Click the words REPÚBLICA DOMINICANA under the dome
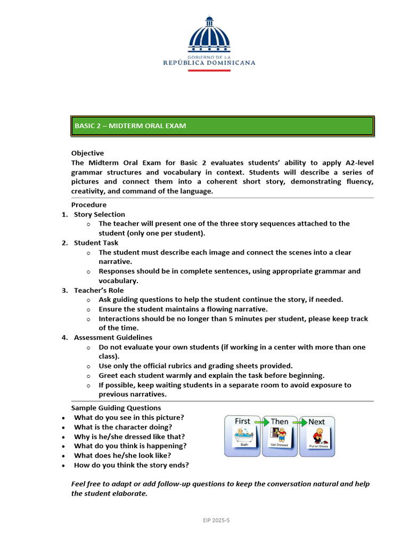point(209,62)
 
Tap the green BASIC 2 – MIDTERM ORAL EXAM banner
point(223,126)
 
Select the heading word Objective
point(87,153)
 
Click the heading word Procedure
point(89,205)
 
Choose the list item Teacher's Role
point(99,291)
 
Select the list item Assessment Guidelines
point(113,337)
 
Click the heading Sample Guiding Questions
point(116,408)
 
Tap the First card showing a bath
point(243,436)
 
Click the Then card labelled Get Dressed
point(280,436)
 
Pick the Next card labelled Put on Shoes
point(317,436)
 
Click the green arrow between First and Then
point(261,422)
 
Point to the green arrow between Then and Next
point(298,422)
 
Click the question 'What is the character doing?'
point(123,427)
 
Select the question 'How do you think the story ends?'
point(131,465)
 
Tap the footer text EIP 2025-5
point(215,519)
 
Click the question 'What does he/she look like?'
point(122,456)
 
